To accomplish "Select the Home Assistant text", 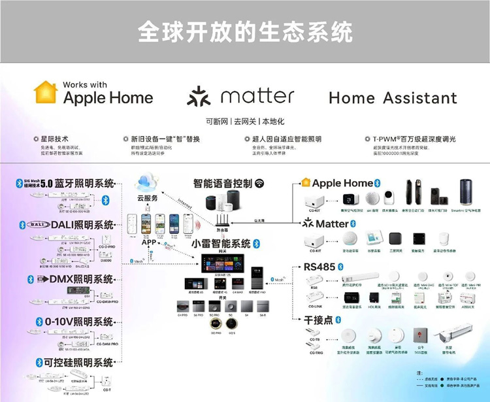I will pyautogui.click(x=393, y=98).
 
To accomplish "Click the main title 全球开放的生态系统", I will pyautogui.click(x=245, y=31).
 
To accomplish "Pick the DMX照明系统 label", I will pyautogui.click(x=74, y=279).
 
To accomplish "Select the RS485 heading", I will pyautogui.click(x=319, y=267).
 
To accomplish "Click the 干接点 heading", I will pyautogui.click(x=318, y=320).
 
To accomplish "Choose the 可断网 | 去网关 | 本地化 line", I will pyautogui.click(x=245, y=122).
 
